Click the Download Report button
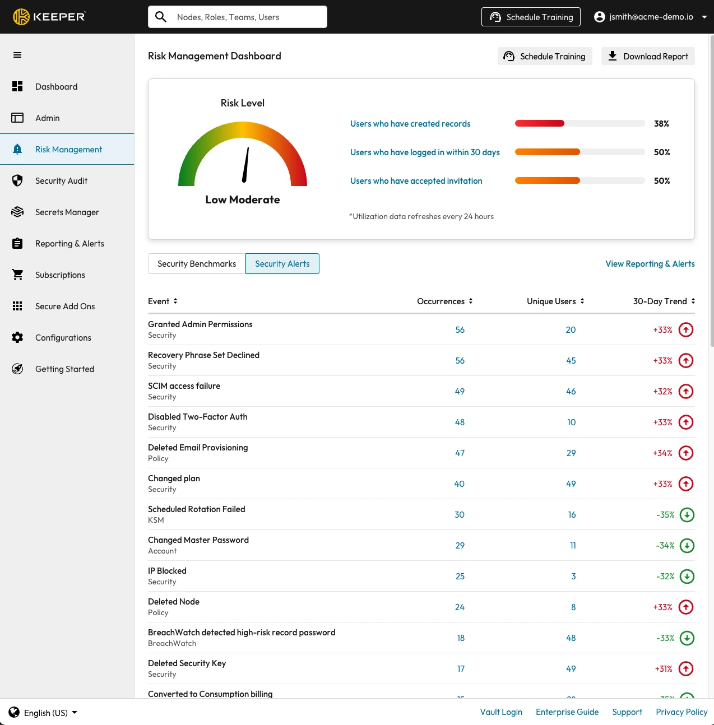tap(648, 56)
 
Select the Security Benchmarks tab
tap(197, 264)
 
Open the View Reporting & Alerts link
tap(650, 264)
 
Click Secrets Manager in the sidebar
tap(67, 212)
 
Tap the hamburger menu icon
tap(17, 55)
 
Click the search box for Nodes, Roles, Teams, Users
tap(238, 17)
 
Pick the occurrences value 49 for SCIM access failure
tap(460, 392)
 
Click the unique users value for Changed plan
tap(571, 484)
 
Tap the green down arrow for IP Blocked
tap(687, 577)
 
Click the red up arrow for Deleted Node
tap(685, 607)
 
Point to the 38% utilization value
tap(661, 124)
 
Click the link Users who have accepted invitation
tap(416, 181)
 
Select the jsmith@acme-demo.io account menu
tap(650, 17)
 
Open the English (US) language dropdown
tap(44, 713)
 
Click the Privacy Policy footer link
tap(681, 712)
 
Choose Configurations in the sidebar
tap(63, 338)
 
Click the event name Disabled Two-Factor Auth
tap(197, 417)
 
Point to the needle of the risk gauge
tap(246, 165)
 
